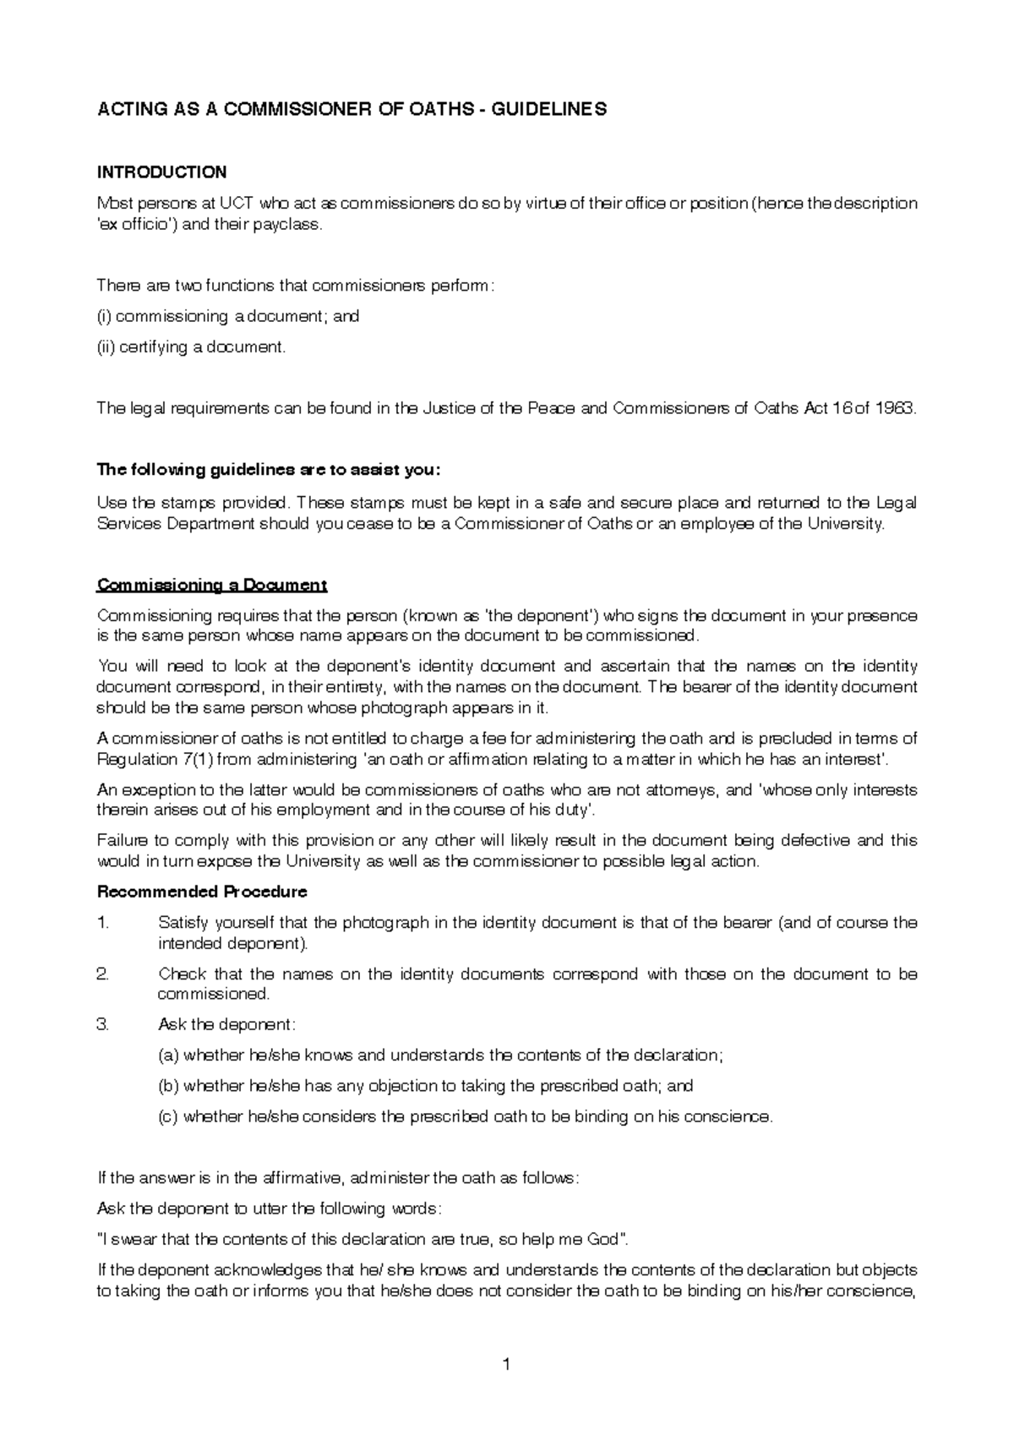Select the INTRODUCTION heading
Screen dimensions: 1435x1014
coord(161,172)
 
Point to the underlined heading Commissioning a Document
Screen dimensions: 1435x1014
coord(212,585)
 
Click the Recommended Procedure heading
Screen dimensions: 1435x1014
coord(202,892)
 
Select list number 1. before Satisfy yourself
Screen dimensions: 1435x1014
coord(103,923)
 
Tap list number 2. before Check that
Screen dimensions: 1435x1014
coord(103,974)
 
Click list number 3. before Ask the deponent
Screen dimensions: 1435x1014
coord(103,1024)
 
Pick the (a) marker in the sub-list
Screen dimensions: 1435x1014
coord(168,1056)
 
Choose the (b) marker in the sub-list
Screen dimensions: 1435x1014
coord(168,1086)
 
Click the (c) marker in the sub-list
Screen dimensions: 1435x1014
coord(168,1116)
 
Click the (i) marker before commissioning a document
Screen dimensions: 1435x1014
coord(104,316)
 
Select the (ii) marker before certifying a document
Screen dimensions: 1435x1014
coord(106,346)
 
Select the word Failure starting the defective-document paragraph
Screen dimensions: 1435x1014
coord(123,841)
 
